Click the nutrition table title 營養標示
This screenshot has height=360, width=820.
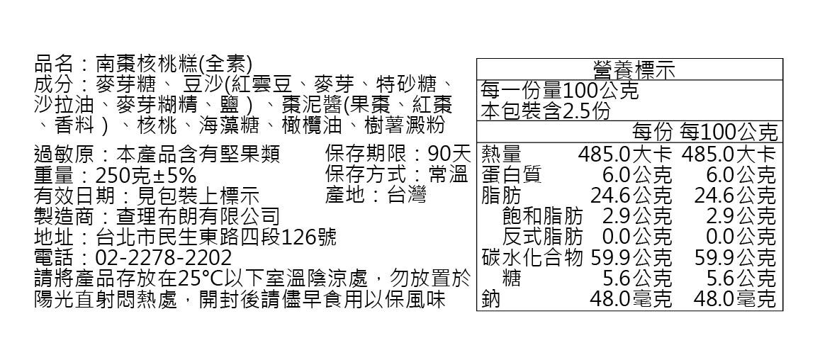634,70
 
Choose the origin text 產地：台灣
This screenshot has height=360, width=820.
376,196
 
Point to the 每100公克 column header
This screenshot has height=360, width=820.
727,133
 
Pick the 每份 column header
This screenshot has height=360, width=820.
652,133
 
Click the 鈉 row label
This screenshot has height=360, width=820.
491,299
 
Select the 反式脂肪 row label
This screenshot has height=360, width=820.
542,237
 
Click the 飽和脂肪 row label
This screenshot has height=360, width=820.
542,215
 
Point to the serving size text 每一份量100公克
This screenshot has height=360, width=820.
559,91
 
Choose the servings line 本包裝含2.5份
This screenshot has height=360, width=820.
545,111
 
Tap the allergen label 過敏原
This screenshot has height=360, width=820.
64,154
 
